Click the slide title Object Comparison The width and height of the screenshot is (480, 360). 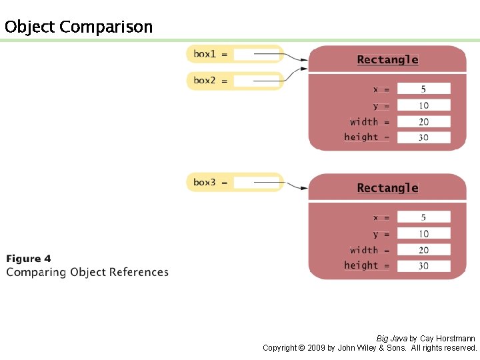[x=78, y=27]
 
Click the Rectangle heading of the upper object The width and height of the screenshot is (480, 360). [x=387, y=59]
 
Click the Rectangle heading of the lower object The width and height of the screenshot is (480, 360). [x=387, y=188]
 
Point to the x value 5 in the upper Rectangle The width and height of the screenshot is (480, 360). [x=423, y=89]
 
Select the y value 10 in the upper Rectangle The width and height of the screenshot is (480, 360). [x=423, y=105]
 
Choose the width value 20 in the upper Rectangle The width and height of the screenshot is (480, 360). [x=423, y=121]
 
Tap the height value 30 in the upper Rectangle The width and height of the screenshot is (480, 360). [x=423, y=137]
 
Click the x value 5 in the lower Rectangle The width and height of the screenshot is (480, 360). [x=423, y=217]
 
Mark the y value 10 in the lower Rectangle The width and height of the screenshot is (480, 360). [x=423, y=234]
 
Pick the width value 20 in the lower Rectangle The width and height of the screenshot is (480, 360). [x=423, y=250]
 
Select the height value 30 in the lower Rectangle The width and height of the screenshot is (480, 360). [x=423, y=265]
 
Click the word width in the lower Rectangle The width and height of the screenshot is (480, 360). [x=364, y=250]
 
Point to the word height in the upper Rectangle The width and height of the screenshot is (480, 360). [x=361, y=137]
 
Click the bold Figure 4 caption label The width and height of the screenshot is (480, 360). [x=29, y=259]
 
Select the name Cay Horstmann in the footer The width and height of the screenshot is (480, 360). [x=447, y=339]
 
